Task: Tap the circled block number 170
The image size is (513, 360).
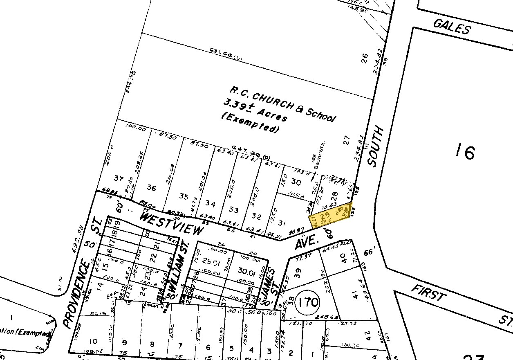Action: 308,303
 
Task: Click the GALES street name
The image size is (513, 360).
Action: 452,27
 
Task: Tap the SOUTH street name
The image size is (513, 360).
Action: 376,146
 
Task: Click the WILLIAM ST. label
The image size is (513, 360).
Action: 179,270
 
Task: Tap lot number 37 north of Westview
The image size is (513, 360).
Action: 119,178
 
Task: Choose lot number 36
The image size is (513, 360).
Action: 152,188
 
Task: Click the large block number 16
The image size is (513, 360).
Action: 465,152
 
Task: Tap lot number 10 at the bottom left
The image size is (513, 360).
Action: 93,341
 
